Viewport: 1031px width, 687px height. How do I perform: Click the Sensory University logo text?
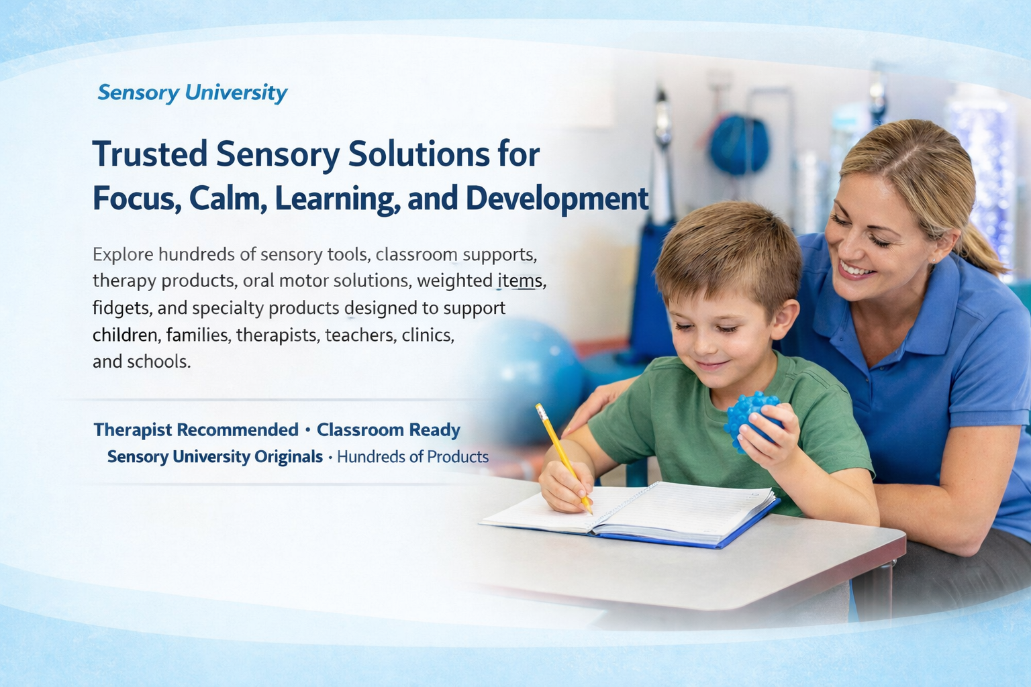192,93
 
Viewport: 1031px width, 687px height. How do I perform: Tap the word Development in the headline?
556,199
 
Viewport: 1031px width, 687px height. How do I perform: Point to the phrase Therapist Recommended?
195,430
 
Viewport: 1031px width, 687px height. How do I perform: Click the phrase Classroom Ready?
388,430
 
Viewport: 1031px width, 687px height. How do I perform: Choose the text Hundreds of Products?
413,458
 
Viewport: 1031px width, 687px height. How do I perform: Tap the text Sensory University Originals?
215,458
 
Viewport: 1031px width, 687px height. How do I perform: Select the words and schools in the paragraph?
141,362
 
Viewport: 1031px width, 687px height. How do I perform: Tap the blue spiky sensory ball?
752,419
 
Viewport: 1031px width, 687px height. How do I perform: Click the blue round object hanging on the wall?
738,144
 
